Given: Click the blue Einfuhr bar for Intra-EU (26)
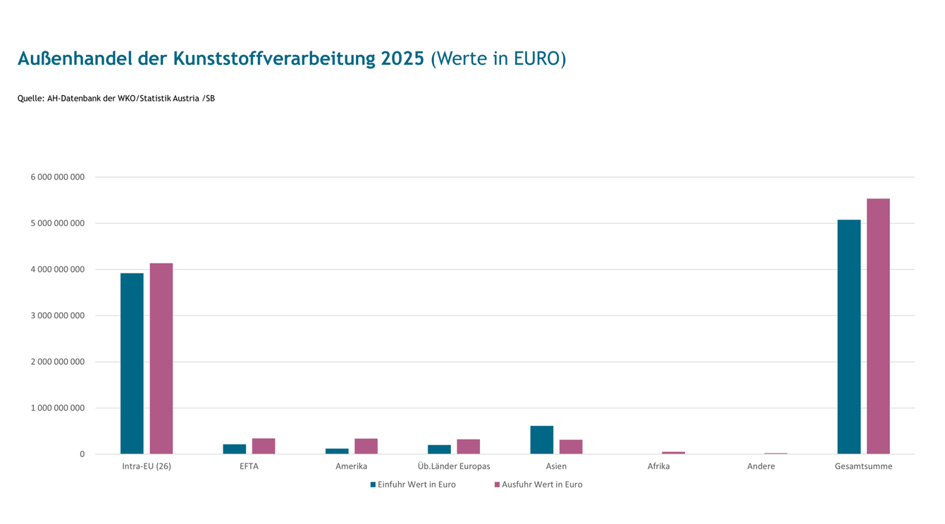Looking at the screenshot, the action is [132, 363].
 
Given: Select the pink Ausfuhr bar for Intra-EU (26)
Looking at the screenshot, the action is [161, 358].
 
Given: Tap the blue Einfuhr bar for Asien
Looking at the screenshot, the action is [542, 439].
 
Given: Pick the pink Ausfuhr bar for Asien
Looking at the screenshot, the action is [571, 447].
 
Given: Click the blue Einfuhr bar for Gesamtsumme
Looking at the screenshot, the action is [849, 337].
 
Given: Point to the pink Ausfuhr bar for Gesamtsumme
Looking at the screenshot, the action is [878, 326].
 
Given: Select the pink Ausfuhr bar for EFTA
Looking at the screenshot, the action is [264, 446].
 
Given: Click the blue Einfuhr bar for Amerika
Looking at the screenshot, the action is [337, 451].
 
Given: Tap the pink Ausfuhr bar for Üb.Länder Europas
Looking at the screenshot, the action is [469, 447].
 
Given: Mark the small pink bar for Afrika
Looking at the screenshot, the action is [673, 453].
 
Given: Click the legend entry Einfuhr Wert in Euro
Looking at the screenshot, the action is [413, 485].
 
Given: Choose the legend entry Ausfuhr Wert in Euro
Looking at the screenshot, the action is [538, 485].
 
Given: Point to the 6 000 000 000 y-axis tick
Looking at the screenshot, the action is [57, 177].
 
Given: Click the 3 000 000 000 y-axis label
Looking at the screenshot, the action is [57, 316].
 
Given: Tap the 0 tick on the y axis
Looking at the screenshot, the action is [82, 454].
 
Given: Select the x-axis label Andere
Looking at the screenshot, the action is [761, 466].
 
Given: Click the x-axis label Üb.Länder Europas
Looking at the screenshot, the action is [454, 466].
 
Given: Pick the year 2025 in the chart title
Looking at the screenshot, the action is [402, 58].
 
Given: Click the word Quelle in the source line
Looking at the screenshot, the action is [31, 99].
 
